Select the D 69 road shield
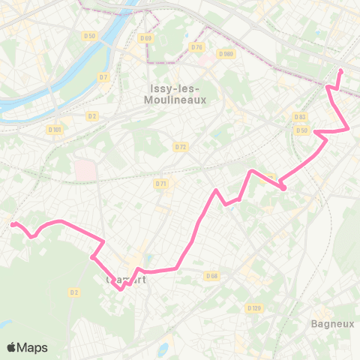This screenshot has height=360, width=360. pyautogui.click(x=145, y=38)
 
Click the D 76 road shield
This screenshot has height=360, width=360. pyautogui.click(x=197, y=47)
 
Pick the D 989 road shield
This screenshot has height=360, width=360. pyautogui.click(x=226, y=53)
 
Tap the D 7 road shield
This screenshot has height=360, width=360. pyautogui.click(x=103, y=76)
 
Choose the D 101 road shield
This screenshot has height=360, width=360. pyautogui.click(x=55, y=129)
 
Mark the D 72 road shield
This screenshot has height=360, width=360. pyautogui.click(x=180, y=146)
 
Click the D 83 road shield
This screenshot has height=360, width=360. pyautogui.click(x=301, y=117)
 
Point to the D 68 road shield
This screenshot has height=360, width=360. pyautogui.click(x=211, y=276)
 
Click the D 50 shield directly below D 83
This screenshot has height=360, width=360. pyautogui.click(x=301, y=130)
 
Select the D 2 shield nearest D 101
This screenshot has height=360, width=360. pyautogui.click(x=92, y=115)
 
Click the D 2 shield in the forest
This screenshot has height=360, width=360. pyautogui.click(x=73, y=292)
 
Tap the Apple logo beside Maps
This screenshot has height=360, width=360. pyautogui.click(x=12, y=347)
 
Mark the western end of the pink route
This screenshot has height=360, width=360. pyautogui.click(x=13, y=223)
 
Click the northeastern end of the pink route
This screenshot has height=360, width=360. pyautogui.click(x=340, y=71)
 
